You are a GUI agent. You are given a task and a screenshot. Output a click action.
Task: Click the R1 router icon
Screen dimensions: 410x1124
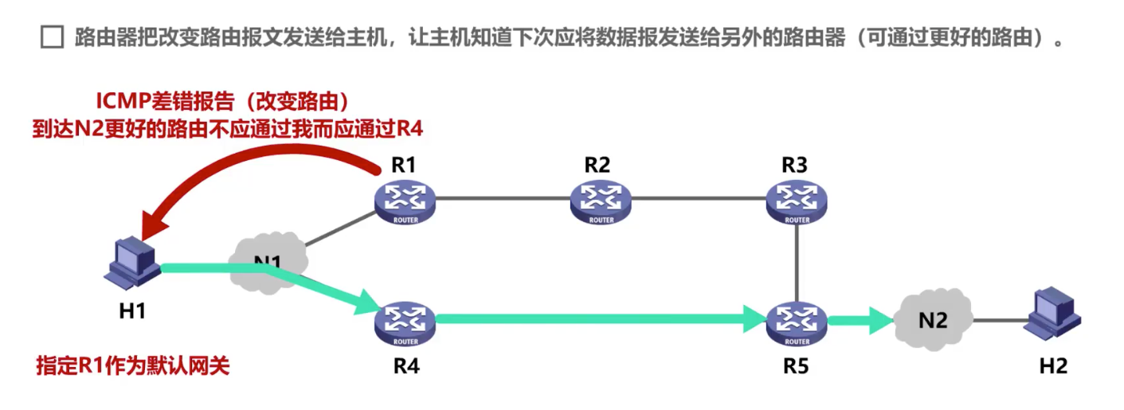click(x=405, y=200)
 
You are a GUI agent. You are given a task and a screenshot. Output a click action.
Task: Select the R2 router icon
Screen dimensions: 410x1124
click(x=600, y=200)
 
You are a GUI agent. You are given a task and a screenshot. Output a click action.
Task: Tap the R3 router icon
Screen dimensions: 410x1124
click(x=796, y=200)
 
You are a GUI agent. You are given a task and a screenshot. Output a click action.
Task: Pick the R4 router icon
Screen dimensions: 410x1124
click(x=405, y=322)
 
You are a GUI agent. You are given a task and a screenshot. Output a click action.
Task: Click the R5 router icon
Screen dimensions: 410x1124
click(x=796, y=322)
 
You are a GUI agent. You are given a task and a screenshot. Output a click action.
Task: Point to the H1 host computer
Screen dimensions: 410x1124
click(x=131, y=264)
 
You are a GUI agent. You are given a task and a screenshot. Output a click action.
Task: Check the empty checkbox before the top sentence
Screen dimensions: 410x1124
click(x=52, y=37)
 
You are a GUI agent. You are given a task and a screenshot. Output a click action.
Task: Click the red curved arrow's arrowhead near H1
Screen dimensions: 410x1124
click(x=151, y=224)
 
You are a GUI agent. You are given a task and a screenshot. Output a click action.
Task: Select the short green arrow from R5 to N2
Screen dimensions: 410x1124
click(x=860, y=322)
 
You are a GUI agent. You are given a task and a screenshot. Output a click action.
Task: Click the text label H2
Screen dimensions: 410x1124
click(x=1052, y=366)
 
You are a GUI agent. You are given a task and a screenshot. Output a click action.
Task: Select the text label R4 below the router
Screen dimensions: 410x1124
click(x=404, y=366)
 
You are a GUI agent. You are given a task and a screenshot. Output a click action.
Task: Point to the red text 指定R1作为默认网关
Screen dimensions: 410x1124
click(x=133, y=366)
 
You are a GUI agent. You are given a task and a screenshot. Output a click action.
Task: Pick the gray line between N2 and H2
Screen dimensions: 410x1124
click(x=997, y=320)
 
